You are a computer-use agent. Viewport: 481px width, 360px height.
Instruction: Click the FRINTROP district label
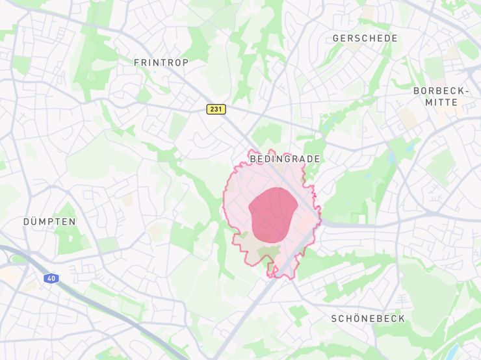click(161, 62)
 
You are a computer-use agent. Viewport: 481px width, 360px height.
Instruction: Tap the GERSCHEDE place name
click(365, 38)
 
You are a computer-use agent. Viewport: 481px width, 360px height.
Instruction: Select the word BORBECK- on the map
click(441, 91)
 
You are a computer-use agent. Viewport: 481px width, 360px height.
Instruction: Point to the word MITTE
click(441, 102)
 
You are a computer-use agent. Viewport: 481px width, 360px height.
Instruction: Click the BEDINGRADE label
click(285, 159)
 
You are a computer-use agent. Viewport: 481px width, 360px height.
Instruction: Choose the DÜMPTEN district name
click(49, 222)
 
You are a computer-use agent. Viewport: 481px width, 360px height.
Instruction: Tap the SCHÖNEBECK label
click(368, 318)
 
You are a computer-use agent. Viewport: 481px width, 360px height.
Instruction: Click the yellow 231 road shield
click(216, 109)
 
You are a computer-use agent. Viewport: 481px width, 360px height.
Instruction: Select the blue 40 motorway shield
click(51, 278)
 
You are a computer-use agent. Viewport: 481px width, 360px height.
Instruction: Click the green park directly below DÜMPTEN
click(65, 242)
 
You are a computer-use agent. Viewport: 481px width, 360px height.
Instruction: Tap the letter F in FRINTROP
click(136, 62)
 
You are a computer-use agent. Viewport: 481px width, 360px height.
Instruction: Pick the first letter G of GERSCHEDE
click(336, 38)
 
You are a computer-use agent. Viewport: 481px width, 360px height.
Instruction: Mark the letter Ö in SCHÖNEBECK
click(357, 318)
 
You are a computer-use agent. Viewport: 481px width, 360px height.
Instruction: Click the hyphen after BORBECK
click(465, 91)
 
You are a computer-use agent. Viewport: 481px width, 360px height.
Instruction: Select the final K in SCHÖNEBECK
click(402, 318)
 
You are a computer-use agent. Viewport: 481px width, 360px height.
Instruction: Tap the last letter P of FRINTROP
click(185, 62)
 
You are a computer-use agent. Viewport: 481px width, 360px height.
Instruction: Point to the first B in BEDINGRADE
click(253, 159)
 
